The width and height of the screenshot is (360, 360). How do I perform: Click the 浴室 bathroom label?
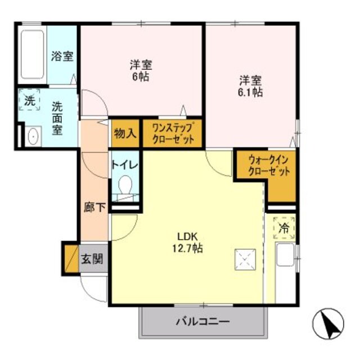[x=62, y=56]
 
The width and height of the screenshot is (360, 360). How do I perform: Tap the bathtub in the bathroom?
[x=33, y=56]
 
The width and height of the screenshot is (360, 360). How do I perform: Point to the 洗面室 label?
[x=58, y=116]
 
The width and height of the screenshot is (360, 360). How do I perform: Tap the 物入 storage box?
[x=124, y=134]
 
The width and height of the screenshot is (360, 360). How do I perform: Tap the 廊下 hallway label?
[x=92, y=206]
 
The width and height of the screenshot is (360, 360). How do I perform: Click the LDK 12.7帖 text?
[x=187, y=241]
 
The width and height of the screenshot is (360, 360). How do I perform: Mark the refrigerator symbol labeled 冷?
[x=284, y=229]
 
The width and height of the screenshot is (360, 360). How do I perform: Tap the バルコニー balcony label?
[x=202, y=322]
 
